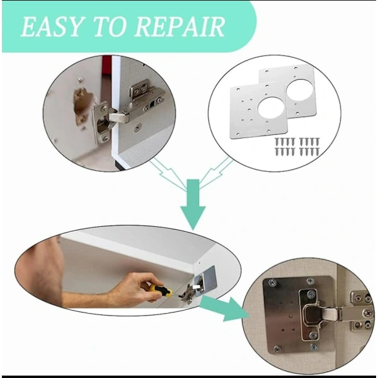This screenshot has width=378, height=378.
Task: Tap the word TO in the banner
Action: point(109,26)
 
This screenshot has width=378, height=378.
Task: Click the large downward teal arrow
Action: point(193,204)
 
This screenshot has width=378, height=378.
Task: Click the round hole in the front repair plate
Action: point(271,108)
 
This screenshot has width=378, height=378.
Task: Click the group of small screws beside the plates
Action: point(297,146)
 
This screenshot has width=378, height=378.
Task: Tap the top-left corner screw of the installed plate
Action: point(273,282)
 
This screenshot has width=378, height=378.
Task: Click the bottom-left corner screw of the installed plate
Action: point(277,348)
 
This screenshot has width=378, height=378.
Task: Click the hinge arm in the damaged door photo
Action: point(118,117)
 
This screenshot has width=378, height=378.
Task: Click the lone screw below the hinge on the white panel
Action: point(137,127)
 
